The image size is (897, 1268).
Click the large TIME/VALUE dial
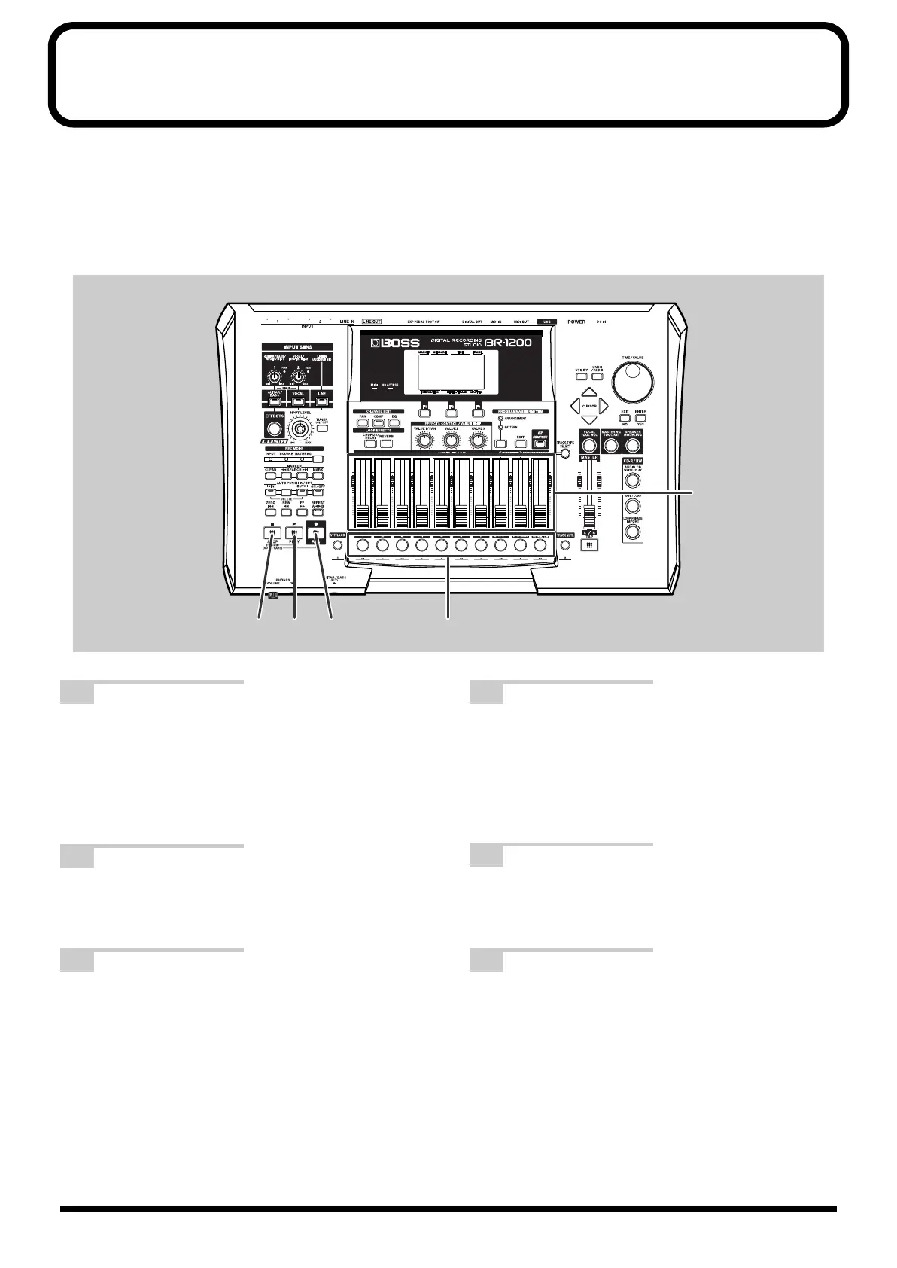[x=632, y=380]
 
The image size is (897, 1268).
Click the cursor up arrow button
[x=590, y=393]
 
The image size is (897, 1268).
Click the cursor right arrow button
[x=604, y=407]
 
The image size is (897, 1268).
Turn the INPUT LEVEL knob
[x=301, y=430]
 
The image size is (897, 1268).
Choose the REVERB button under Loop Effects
[x=387, y=444]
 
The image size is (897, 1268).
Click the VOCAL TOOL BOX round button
[x=590, y=444]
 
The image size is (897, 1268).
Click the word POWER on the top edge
[x=576, y=322]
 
